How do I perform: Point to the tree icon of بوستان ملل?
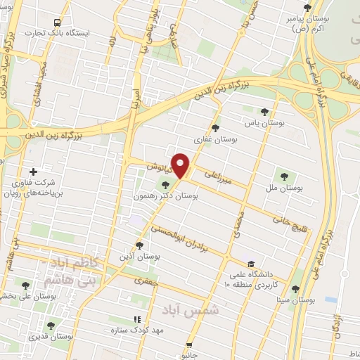tap(285, 176)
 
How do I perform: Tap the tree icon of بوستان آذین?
tap(139, 245)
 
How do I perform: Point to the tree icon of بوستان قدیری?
tap(50, 325)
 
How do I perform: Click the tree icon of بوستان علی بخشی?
tap(26, 285)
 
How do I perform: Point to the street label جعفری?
tap(148, 280)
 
